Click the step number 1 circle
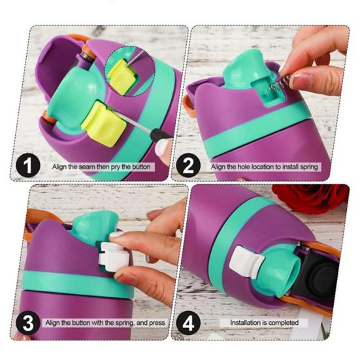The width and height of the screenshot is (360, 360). click(28, 165)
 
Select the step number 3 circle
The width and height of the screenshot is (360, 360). click(28, 323)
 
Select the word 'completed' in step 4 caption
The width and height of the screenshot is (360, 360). click(283, 323)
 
